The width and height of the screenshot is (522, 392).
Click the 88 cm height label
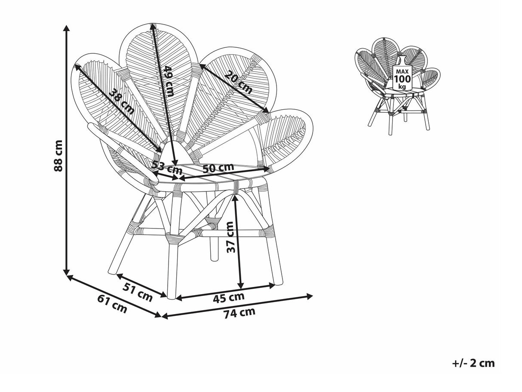click(58, 156)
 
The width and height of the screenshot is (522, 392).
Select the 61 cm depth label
click(112, 304)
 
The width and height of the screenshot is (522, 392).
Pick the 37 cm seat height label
click(230, 237)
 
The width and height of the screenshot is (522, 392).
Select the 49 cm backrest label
click(169, 81)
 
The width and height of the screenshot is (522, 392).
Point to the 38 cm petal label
click(122, 102)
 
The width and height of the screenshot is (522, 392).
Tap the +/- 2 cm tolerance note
click(473, 370)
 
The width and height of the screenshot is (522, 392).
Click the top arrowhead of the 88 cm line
click(67, 28)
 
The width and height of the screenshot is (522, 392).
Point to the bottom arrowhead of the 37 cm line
click(241, 286)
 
